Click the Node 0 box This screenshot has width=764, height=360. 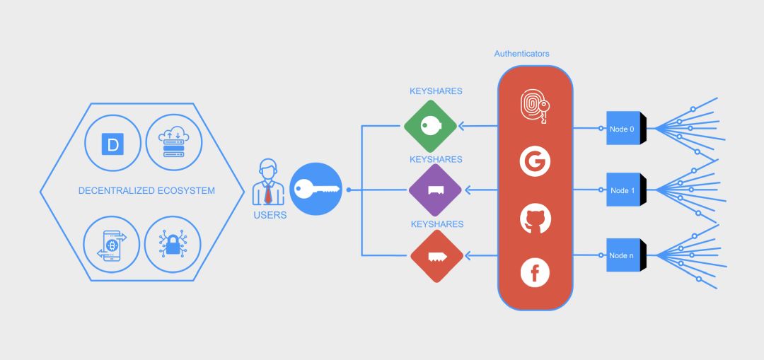(626, 128)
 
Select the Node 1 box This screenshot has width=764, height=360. (626, 190)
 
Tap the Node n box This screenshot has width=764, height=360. (626, 255)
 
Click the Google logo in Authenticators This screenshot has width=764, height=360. (535, 162)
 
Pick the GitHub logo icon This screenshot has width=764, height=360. (535, 219)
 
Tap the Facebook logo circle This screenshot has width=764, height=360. (535, 273)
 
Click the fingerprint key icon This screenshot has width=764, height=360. (535, 105)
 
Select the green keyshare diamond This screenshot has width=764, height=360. (430, 126)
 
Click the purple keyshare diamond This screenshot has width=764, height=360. (435, 190)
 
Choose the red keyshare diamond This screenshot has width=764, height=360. (436, 256)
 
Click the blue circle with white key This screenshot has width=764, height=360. (316, 189)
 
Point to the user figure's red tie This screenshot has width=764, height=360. (268, 193)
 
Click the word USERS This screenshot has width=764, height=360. (270, 215)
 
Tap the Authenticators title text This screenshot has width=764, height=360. (522, 54)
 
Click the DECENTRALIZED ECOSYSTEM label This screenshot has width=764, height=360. (146, 190)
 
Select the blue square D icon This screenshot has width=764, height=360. (112, 144)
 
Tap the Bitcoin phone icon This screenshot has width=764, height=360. (112, 245)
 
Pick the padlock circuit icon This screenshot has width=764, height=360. (173, 244)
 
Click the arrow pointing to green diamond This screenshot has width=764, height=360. (478, 127)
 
